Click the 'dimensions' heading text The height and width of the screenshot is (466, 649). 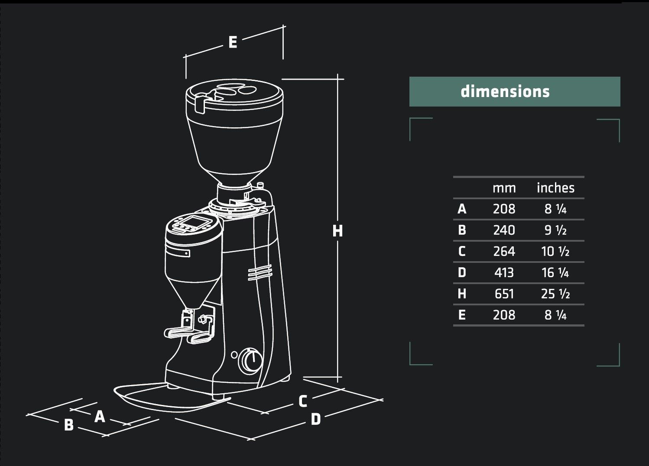505,91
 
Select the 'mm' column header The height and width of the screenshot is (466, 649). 504,188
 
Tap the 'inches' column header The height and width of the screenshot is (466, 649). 555,188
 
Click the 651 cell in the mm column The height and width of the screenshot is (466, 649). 504,294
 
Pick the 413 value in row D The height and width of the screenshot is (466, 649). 504,273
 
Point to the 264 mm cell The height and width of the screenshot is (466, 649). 504,252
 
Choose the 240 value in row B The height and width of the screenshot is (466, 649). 504,230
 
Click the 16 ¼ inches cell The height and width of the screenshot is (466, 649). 555,273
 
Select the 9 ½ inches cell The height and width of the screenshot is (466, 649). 555,230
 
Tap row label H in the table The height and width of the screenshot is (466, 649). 462,294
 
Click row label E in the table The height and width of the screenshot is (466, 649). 462,315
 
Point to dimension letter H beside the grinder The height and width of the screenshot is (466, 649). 337,231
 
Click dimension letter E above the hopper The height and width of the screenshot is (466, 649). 233,42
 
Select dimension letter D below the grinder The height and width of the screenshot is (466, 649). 316,419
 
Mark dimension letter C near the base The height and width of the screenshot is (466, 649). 303,401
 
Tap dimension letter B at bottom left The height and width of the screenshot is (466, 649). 68,425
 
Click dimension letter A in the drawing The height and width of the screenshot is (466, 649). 100,417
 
